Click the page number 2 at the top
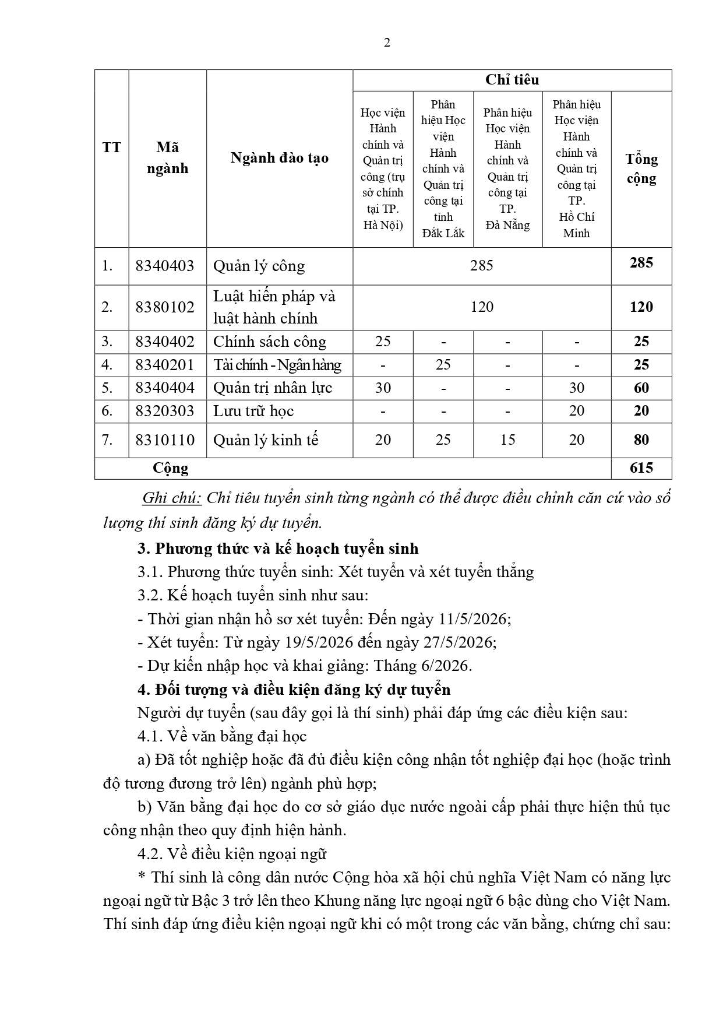387,43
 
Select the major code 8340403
165,266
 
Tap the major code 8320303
165,411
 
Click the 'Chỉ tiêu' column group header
512,80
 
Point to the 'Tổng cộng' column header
641,168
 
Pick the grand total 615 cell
641,468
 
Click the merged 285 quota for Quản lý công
482,266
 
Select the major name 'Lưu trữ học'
253,411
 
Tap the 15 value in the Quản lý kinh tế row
507,440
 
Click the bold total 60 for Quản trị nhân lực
641,388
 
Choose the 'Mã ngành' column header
167,158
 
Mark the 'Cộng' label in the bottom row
171,468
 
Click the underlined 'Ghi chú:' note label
172,498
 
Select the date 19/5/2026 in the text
319,642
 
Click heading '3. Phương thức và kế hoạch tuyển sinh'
278,549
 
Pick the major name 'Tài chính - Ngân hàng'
277,365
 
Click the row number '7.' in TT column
107,440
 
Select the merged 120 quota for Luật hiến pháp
482,307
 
